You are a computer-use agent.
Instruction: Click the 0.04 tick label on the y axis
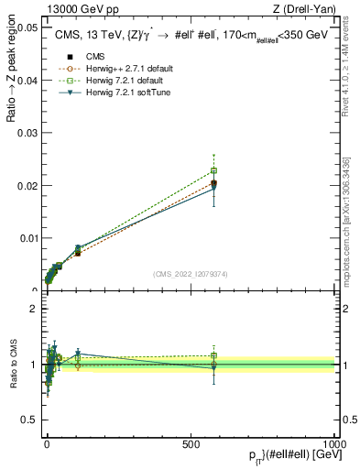point(26,81)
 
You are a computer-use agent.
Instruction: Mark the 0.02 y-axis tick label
point(26,186)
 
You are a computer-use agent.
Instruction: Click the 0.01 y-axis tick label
point(26,238)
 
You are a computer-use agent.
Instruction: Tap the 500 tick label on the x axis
point(191,443)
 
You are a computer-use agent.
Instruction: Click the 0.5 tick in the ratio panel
point(29,420)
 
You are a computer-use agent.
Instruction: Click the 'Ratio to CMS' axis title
point(14,365)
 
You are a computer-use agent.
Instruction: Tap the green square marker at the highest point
point(213,170)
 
